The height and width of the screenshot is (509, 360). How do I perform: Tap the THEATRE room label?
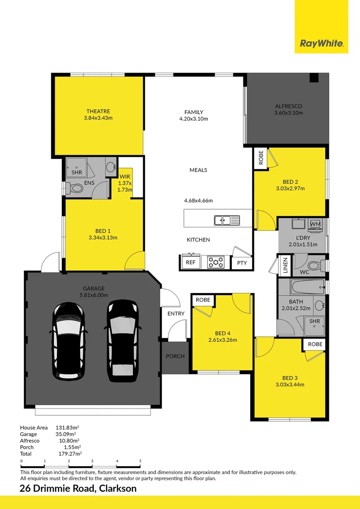pos(98,111)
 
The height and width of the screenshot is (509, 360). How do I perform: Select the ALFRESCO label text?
pos(288,106)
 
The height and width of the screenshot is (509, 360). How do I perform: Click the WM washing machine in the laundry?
pos(315,223)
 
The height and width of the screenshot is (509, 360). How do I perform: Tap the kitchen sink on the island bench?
pos(226,220)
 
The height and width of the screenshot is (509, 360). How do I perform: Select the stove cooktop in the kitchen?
pos(216,262)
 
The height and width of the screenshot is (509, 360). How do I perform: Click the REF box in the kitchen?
pos(190,263)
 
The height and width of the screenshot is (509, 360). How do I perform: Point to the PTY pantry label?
pos(242,263)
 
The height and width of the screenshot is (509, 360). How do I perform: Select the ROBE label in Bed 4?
pos(203,300)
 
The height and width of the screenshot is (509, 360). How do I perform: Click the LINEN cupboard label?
pos(285,265)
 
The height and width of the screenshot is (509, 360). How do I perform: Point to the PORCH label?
pos(175,356)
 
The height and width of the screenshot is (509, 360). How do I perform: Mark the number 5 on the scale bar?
pos(140,461)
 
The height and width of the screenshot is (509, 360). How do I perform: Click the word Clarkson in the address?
pos(117,488)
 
